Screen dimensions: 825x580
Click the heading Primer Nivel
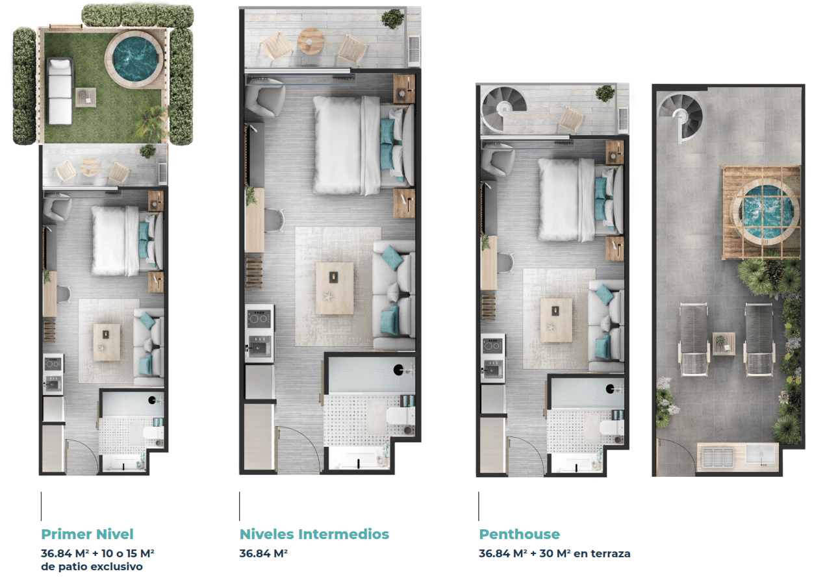[87, 534]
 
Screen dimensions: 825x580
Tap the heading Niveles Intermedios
[314, 534]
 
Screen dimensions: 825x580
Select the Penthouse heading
[519, 534]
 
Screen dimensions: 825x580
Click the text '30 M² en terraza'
[585, 553]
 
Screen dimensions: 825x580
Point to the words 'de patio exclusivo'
[92, 566]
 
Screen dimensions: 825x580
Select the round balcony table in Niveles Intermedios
[311, 42]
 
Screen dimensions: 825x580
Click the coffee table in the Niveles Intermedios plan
[335, 288]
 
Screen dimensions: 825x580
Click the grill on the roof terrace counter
[717, 457]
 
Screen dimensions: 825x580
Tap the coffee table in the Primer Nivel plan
[107, 342]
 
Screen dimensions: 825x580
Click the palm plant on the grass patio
[155, 121]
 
